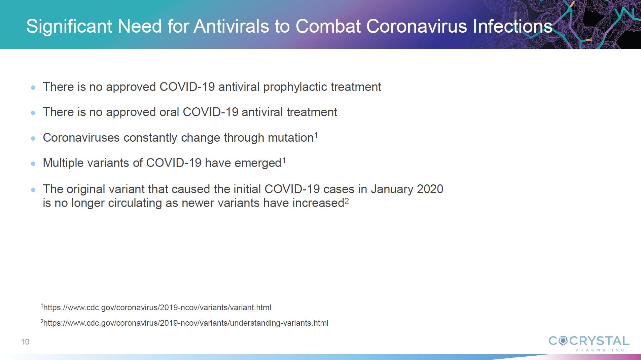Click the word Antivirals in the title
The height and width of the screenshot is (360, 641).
click(x=232, y=26)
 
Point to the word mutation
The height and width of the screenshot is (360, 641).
click(x=291, y=138)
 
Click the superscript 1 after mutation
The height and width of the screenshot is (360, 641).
click(x=316, y=135)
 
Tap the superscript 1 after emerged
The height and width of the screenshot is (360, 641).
click(x=284, y=160)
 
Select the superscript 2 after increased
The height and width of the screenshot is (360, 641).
click(x=347, y=201)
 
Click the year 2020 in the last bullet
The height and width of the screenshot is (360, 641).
click(x=430, y=189)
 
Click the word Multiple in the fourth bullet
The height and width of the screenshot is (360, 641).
click(x=63, y=163)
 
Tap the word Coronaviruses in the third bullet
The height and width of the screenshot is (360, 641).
click(x=81, y=138)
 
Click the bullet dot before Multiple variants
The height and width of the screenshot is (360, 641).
click(x=33, y=164)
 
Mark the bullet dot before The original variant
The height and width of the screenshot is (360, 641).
click(x=33, y=190)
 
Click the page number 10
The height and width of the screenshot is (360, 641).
click(x=25, y=342)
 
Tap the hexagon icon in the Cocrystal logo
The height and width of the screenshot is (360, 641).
click(x=563, y=341)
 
